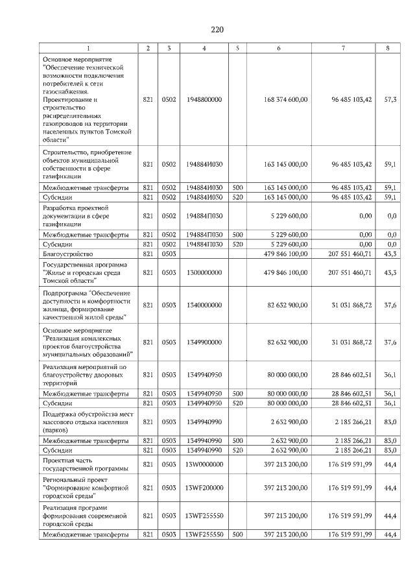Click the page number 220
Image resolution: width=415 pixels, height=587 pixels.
(217, 29)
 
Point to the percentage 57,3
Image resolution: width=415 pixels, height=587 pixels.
(390, 99)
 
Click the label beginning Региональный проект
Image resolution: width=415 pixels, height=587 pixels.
(82, 487)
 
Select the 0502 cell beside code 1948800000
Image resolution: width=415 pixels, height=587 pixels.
(169, 99)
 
